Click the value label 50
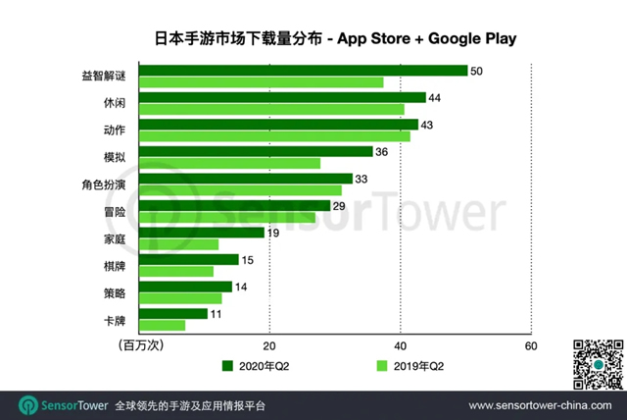[x=477, y=71]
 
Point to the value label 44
[x=435, y=97]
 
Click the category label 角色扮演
[x=103, y=184]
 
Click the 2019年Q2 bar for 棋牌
[x=176, y=271]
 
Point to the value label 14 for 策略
[x=242, y=287]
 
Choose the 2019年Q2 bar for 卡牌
[x=163, y=325]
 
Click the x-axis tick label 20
[x=269, y=345]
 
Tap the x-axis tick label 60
[x=530, y=345]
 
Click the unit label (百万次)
[x=139, y=346]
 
